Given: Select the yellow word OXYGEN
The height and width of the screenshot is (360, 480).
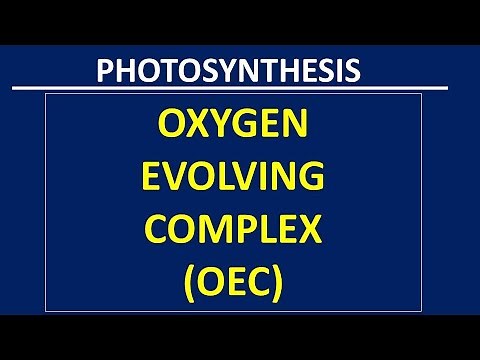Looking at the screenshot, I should pyautogui.click(x=240, y=128).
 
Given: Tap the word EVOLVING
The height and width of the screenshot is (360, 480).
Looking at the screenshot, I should pyautogui.click(x=240, y=180).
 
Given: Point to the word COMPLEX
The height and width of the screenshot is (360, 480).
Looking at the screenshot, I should pyautogui.click(x=240, y=232).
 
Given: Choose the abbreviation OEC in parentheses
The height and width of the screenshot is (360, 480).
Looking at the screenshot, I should pyautogui.click(x=240, y=284).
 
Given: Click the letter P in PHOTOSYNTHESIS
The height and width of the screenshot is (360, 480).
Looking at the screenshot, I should pyautogui.click(x=105, y=71).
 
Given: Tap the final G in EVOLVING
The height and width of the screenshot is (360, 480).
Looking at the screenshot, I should pyautogui.click(x=333, y=180).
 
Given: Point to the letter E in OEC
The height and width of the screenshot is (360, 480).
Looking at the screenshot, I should pyautogui.click(x=241, y=284).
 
